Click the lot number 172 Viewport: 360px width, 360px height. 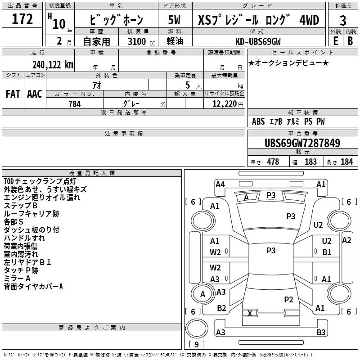[x=22, y=19]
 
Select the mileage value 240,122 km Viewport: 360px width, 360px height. [x=53, y=65]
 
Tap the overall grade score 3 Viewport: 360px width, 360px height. [x=343, y=20]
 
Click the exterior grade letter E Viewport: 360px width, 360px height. [x=335, y=41]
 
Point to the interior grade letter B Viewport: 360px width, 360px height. [x=350, y=41]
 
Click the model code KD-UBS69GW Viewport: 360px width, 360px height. [x=258, y=41]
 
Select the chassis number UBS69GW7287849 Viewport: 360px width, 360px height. [x=302, y=143]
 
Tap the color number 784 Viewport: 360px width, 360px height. [x=75, y=104]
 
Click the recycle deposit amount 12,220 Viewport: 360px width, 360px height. [x=225, y=104]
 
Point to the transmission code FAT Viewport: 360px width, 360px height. [x=13, y=94]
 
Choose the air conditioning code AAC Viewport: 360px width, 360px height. [x=35, y=94]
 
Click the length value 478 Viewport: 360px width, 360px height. [x=273, y=162]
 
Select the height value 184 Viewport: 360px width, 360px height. [x=347, y=162]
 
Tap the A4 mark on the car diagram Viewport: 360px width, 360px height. [x=220, y=184]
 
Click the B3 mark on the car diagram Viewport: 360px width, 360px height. [x=321, y=332]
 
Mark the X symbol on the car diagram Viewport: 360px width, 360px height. [x=250, y=313]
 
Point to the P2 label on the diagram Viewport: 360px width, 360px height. [x=288, y=299]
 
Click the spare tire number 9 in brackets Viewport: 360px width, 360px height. [x=196, y=344]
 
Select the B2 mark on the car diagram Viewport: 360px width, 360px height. [x=221, y=308]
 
